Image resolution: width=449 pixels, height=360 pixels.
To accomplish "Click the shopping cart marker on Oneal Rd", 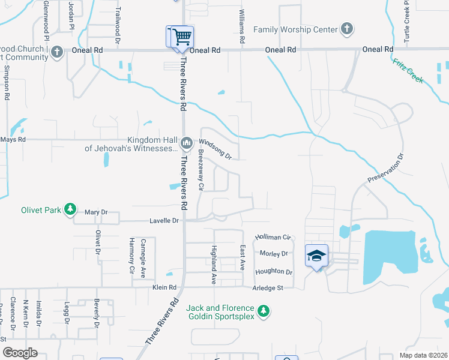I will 180,37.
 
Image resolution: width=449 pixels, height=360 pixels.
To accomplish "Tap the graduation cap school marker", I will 317,257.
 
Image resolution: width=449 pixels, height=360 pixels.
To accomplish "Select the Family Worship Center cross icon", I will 346,29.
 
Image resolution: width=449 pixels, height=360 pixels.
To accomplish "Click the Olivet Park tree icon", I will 71,209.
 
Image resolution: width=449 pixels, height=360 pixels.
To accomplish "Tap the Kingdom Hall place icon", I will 186,142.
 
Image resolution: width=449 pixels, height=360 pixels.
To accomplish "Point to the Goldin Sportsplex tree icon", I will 263,311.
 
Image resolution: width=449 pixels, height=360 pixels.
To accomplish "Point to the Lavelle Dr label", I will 164,221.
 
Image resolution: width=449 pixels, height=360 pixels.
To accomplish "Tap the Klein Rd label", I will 164,288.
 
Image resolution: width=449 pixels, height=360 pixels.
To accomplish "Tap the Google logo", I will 20,353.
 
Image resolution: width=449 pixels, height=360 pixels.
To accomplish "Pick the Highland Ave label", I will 213,264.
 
